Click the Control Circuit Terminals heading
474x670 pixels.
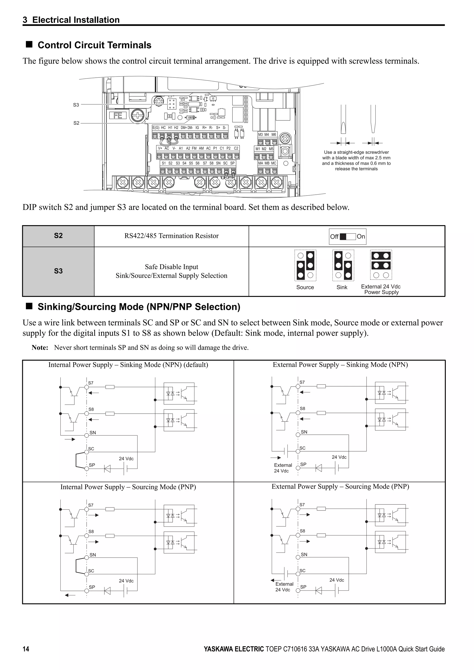[94, 45]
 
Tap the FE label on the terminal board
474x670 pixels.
[118, 116]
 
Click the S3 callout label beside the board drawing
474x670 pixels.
[76, 105]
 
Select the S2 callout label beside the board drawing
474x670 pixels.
[76, 123]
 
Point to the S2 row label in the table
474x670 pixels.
[58, 236]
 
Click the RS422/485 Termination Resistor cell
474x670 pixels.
[172, 236]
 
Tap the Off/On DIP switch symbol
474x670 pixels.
[348, 237]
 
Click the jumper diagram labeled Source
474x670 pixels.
[305, 265]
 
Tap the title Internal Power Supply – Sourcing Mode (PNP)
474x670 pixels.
[128, 487]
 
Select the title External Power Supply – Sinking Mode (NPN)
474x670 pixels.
[340, 365]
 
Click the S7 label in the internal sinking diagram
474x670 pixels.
[91, 383]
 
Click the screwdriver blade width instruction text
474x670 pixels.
[356, 160]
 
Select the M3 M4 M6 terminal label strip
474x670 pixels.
[267, 135]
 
